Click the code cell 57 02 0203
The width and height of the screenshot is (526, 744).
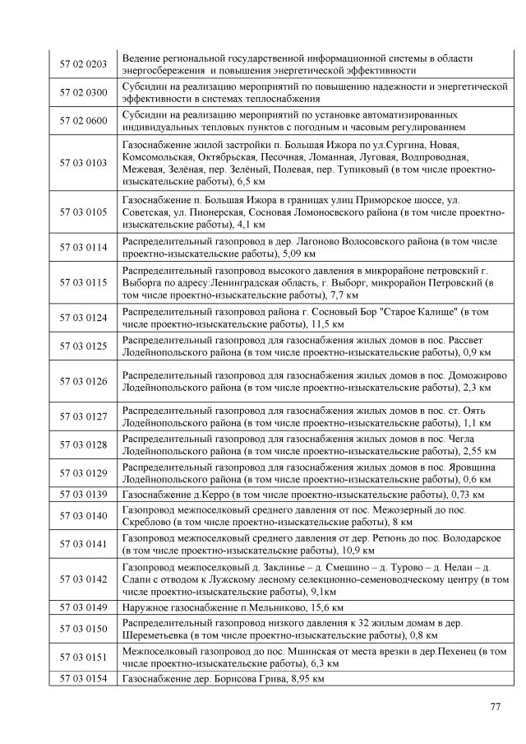click(84, 64)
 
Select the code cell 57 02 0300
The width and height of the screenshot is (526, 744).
click(84, 91)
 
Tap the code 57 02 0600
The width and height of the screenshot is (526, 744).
click(84, 120)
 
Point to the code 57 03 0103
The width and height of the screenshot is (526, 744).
click(84, 161)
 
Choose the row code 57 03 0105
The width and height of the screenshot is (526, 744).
click(84, 212)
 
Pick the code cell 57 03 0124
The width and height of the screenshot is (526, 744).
click(84, 318)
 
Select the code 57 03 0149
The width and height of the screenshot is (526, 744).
click(84, 607)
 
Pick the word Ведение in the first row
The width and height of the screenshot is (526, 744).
click(141, 58)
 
